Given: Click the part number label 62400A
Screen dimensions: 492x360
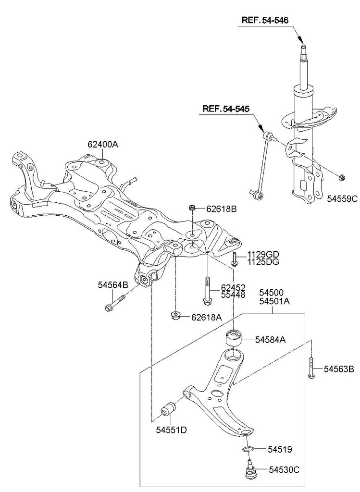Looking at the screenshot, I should click(102, 144).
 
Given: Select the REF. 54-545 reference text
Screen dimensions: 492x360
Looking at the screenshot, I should click(226, 110).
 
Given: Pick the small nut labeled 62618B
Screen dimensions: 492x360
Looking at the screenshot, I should click(192, 208).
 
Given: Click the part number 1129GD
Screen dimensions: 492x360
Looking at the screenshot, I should click(263, 254).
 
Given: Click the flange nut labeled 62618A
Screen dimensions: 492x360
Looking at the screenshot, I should click(175, 316).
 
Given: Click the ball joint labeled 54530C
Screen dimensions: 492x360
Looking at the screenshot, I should click(250, 469).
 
